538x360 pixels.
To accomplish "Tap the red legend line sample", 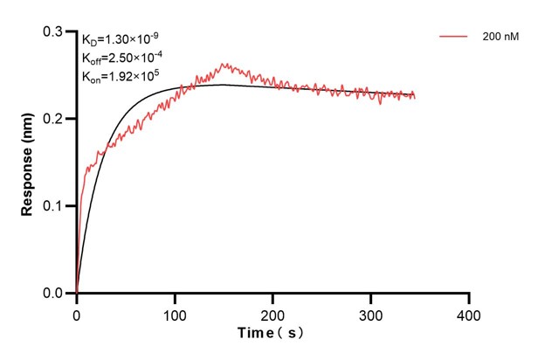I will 455,38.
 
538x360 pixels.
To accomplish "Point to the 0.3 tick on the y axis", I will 54,31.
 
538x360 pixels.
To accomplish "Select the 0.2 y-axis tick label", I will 54,119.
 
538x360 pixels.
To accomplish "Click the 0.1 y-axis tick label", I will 54,206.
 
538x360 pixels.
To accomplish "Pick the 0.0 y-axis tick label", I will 54,294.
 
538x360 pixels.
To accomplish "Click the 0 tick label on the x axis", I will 77,313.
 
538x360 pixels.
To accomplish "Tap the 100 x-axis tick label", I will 175,313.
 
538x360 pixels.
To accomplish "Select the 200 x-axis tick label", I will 273,313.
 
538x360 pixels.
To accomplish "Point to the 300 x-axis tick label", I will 371,313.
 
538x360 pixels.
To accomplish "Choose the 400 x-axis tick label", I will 470,313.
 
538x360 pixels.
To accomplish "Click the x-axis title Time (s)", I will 272,334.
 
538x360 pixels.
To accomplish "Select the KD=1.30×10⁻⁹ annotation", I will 120,39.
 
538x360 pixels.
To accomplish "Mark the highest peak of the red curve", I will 224,64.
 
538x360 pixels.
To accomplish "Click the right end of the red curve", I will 415,96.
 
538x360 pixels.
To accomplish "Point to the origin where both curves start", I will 77,294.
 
